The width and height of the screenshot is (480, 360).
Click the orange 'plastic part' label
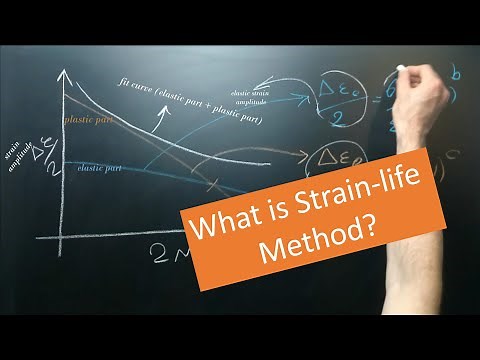click(87, 120)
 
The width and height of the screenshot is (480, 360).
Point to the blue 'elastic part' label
click(100, 168)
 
